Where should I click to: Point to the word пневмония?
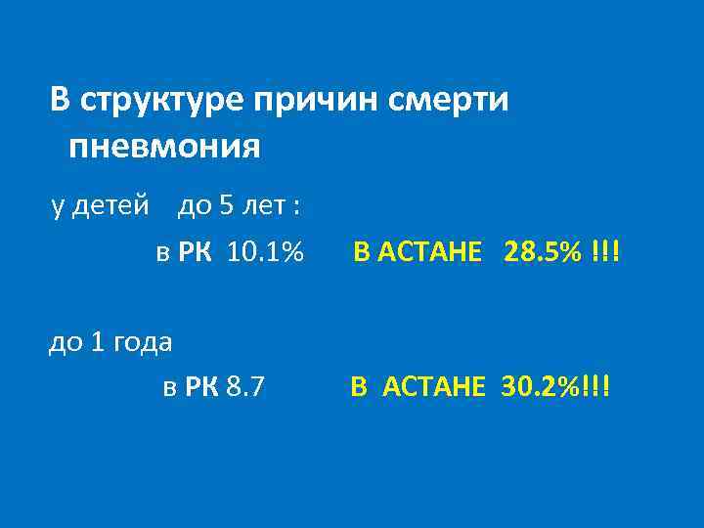pos(165,148)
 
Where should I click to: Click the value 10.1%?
pos(264,253)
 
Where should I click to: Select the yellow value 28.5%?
pos(543,253)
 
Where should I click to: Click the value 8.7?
pos(243,387)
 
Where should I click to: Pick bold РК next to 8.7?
pos(201,387)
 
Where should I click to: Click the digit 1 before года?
pos(96,341)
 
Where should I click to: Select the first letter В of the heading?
pos(60,101)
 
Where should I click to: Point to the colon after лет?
pos(296,207)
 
